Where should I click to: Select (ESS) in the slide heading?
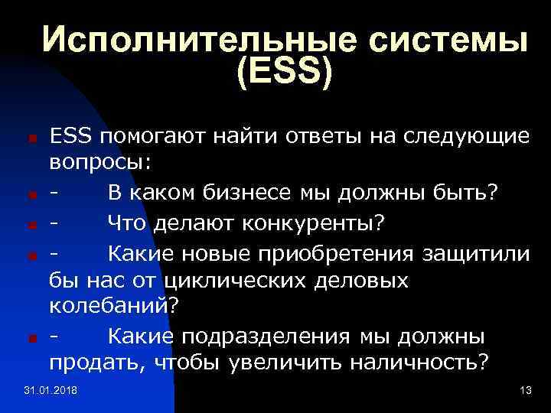tap(285, 75)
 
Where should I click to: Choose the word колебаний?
tap(115, 307)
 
